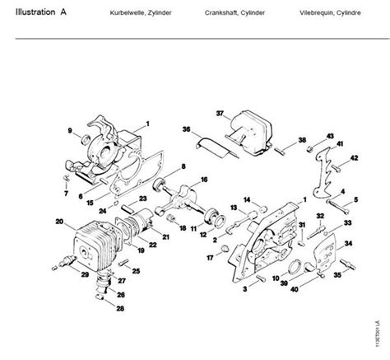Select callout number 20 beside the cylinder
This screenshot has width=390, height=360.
(59, 221)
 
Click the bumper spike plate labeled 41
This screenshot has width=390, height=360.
(322, 177)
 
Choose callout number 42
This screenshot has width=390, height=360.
(355, 157)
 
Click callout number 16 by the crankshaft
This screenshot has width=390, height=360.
(203, 179)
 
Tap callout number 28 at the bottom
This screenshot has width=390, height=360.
(121, 309)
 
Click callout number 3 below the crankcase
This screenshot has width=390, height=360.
(245, 288)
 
